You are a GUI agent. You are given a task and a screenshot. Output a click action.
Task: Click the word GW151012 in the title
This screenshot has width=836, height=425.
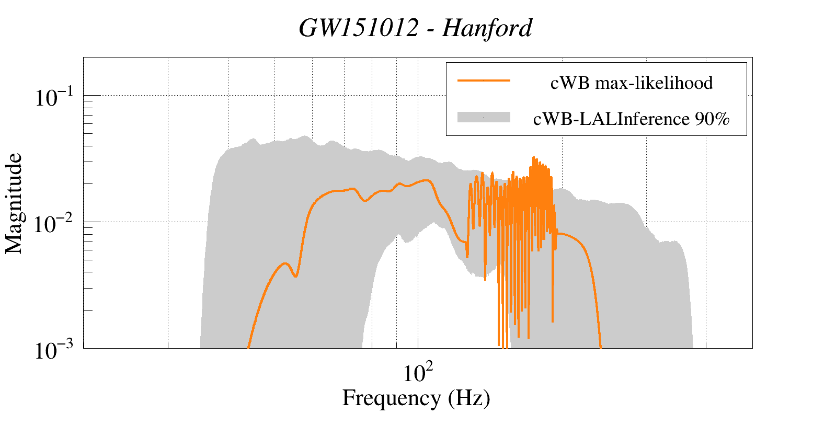pyautogui.click(x=359, y=28)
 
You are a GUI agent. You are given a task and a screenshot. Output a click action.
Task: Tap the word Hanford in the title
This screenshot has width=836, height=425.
pyautogui.click(x=487, y=28)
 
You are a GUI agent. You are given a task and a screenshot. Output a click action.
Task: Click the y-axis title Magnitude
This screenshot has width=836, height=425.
pyautogui.click(x=14, y=203)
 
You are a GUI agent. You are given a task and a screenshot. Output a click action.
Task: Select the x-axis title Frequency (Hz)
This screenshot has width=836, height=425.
pyautogui.click(x=416, y=398)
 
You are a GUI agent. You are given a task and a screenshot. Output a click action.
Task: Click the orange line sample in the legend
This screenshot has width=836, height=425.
pyautogui.click(x=484, y=81)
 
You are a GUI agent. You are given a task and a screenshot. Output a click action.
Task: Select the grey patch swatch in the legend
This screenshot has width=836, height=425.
pyautogui.click(x=484, y=117)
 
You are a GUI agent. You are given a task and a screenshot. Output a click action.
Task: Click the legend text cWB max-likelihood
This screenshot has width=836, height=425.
pyautogui.click(x=632, y=83)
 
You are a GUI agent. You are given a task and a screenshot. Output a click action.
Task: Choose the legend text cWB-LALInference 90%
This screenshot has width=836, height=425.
pyautogui.click(x=631, y=119)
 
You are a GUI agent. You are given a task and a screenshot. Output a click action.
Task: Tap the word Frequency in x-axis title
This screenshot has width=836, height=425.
pyautogui.click(x=392, y=398)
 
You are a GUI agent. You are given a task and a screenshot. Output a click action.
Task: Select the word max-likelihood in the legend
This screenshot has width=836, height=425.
pyautogui.click(x=654, y=83)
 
